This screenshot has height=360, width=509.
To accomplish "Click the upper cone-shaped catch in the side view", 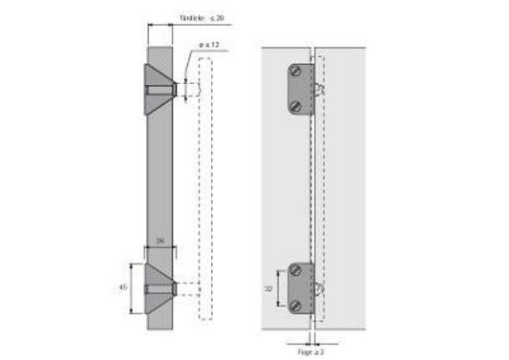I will tap(158, 89).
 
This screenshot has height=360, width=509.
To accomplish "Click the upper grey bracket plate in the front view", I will tap(300, 88).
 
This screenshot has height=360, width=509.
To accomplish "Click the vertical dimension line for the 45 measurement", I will tap(143, 286).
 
